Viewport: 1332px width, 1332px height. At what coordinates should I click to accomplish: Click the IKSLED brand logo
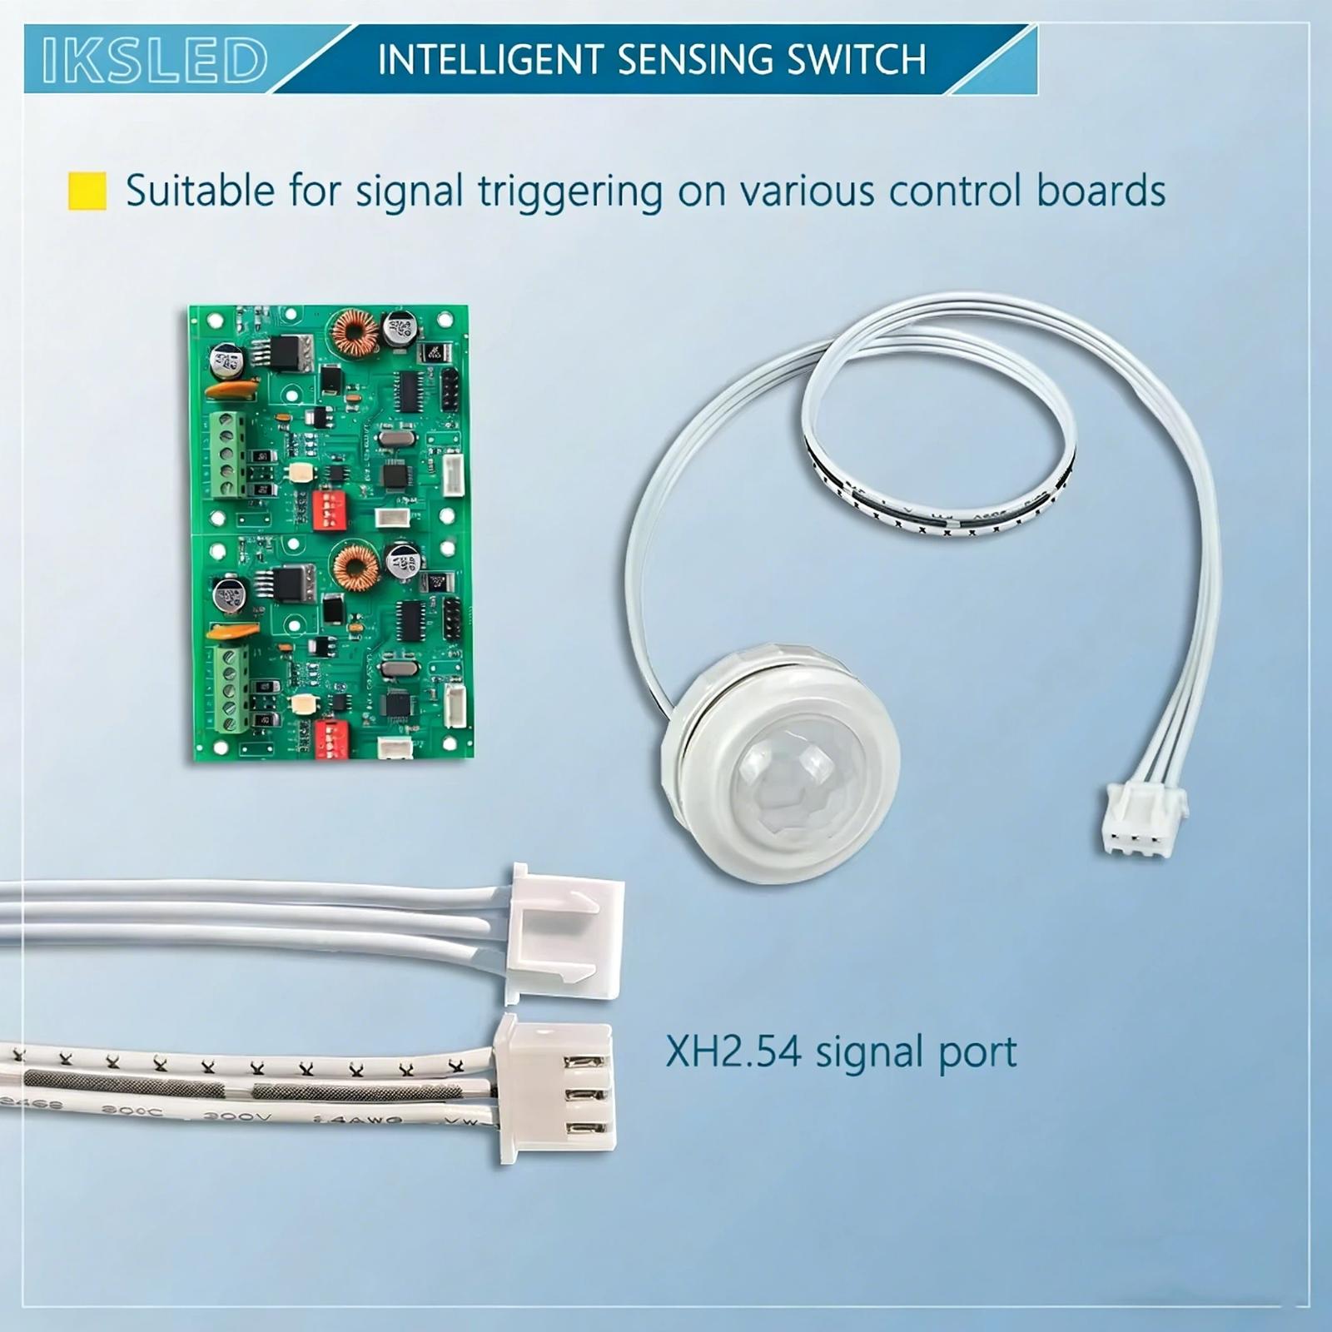click(x=155, y=60)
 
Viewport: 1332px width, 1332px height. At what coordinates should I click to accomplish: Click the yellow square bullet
click(x=87, y=191)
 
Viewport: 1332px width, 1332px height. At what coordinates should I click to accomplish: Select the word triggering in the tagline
click(x=569, y=191)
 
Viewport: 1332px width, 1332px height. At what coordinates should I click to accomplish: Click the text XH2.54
click(x=733, y=1051)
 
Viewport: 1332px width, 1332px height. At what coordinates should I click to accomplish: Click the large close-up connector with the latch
click(x=564, y=932)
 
